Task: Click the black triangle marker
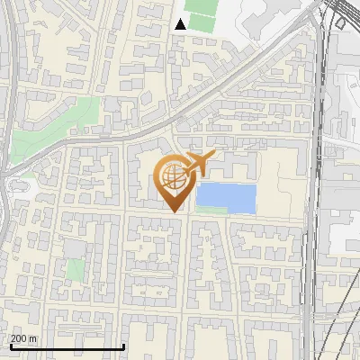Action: pyautogui.click(x=181, y=24)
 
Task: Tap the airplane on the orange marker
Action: pyautogui.click(x=199, y=164)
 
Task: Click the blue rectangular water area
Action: pyautogui.click(x=226, y=196)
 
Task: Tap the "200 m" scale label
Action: pyautogui.click(x=23, y=338)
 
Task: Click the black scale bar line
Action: pyautogui.click(x=67, y=346)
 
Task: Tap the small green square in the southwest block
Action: pyautogui.click(x=76, y=269)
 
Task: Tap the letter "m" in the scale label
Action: pyautogui.click(x=33, y=338)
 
